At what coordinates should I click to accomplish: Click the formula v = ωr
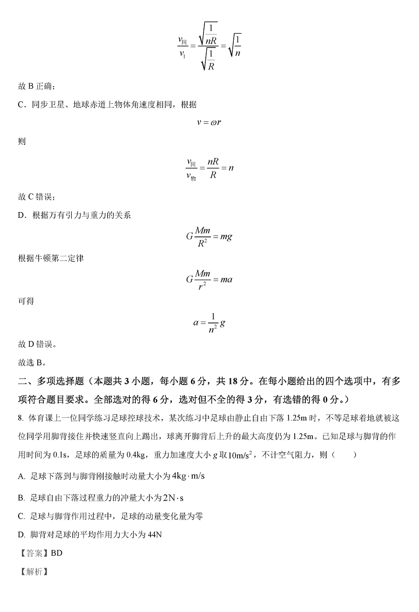[209, 123]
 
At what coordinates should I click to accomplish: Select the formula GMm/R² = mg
[209, 236]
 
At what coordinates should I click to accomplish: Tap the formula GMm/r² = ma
[209, 280]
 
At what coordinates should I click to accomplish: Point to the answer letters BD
[56, 553]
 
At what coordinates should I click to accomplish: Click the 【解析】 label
[33, 572]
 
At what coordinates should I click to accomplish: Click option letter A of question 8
[21, 476]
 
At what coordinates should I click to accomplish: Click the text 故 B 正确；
[37, 86]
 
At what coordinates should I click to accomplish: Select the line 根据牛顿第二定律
[51, 258]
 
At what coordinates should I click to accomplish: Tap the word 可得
[26, 301]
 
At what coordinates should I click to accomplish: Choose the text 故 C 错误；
[37, 197]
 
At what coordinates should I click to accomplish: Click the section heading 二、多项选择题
[51, 381]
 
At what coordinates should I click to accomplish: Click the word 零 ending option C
[199, 516]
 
